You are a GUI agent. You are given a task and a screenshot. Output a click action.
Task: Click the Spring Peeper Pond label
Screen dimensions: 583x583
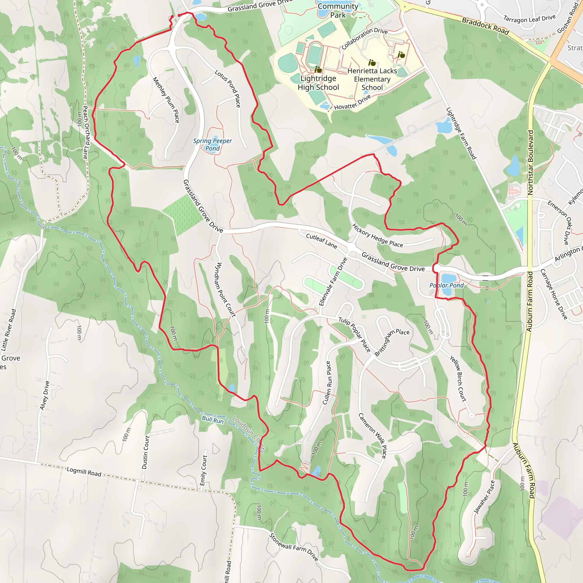(212, 145)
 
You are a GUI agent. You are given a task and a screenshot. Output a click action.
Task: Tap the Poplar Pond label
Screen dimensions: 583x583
(446, 286)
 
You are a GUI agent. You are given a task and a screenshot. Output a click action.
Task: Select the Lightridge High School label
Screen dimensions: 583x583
(318, 83)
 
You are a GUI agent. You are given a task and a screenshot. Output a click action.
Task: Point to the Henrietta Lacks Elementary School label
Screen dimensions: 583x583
(372, 79)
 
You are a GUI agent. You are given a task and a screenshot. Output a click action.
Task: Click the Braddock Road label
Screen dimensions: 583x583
(485, 26)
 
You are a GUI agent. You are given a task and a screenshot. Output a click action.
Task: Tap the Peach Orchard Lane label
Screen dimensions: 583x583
(86, 132)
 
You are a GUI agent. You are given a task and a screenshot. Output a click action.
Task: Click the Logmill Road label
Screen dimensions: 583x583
(84, 472)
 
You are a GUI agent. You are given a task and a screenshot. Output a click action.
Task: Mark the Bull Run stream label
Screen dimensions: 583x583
(213, 419)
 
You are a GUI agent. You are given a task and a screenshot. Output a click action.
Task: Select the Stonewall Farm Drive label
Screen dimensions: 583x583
(293, 547)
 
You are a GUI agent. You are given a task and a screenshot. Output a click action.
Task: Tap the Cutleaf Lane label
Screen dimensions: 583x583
(321, 241)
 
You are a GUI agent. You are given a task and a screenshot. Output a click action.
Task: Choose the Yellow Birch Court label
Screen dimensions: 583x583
(458, 378)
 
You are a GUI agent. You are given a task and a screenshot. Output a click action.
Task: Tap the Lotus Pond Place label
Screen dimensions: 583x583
(228, 89)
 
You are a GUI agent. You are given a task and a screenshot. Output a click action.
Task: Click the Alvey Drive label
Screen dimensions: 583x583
(45, 395)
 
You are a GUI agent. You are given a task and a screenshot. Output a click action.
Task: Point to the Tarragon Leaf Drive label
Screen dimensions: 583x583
(529, 19)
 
